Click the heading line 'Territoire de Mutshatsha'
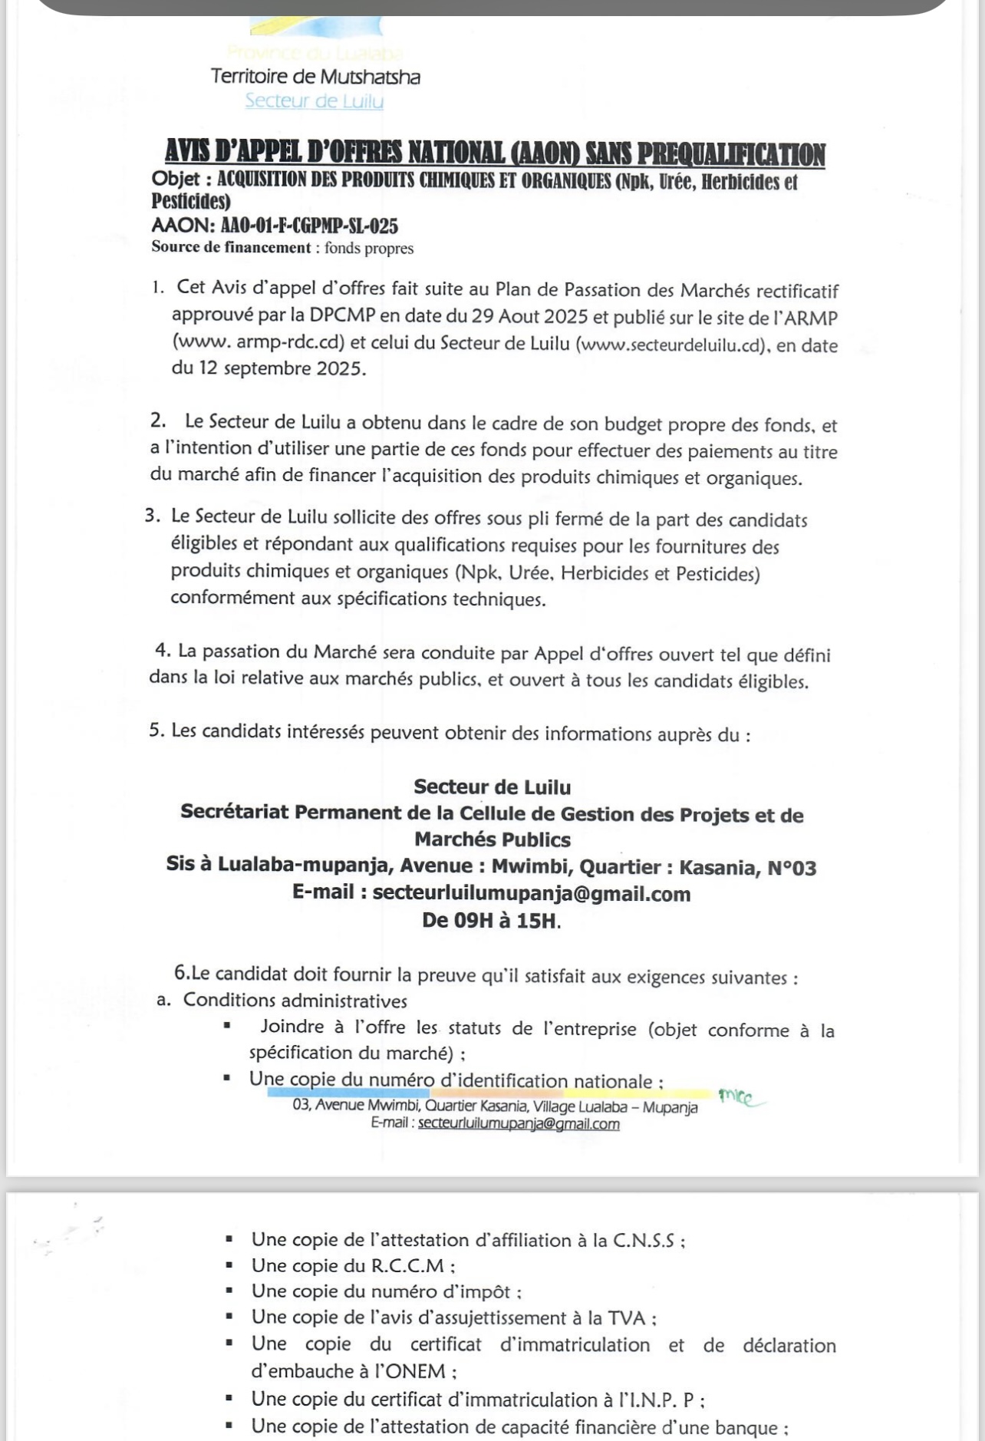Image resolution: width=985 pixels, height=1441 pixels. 315,77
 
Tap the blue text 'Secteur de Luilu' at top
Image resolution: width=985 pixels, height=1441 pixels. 314,101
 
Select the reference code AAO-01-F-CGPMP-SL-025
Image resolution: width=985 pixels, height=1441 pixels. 309,226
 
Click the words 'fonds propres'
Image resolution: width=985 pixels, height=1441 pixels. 369,248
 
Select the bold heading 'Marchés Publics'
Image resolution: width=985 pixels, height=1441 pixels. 492,839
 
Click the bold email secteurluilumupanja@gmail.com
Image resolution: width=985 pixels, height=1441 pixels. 531,893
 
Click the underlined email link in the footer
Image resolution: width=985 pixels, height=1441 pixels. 519,1124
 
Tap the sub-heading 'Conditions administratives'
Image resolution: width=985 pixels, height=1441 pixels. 295,1001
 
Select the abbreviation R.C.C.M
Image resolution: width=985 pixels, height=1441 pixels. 409,1266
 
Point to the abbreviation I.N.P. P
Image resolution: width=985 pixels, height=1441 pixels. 660,1400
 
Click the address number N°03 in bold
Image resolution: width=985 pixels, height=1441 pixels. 792,868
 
